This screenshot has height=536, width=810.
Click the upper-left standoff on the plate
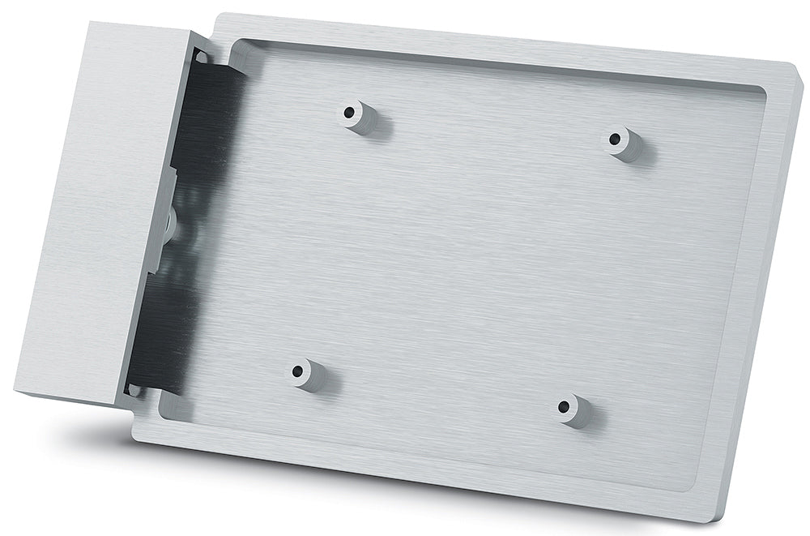(356, 116)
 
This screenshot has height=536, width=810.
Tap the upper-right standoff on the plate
(624, 143)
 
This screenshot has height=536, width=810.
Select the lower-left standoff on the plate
(307, 374)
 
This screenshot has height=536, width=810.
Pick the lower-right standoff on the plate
(573, 410)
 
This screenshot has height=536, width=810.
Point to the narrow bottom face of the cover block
(69, 396)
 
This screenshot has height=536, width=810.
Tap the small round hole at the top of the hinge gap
(201, 58)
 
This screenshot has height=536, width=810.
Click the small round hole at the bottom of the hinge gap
(134, 391)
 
